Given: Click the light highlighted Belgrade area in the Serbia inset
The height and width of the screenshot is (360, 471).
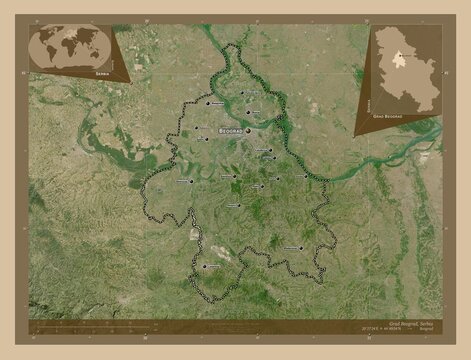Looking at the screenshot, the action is pos(397,57).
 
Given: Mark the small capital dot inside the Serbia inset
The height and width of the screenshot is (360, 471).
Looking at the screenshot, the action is pos(397,55).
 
